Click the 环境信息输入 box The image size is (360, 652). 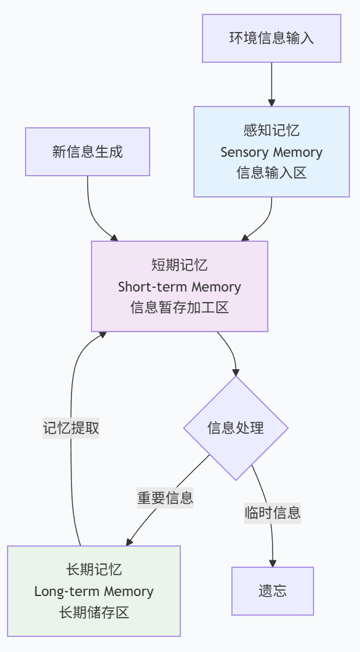click(271, 38)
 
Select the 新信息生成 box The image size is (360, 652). click(87, 152)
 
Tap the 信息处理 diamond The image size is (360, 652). click(236, 428)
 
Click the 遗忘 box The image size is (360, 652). click(273, 591)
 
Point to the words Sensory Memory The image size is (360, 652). click(271, 152)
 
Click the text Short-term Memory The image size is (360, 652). click(179, 287)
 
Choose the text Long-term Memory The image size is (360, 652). click(94, 591)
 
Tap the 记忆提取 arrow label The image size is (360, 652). click(71, 428)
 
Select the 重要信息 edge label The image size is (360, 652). click(165, 498)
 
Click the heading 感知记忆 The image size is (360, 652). click(271, 130)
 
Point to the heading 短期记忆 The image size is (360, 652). click(179, 265)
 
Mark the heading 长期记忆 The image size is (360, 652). click(94, 570)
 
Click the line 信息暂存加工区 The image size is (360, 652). click(179, 308)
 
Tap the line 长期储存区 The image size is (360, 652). click(94, 613)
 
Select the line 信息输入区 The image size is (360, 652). click(271, 173)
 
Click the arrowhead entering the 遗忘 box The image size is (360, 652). click(273, 563)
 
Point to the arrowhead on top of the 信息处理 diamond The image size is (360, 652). click(236, 372)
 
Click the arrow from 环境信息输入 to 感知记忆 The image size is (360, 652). click(272, 84)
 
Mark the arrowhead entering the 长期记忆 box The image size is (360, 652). click(129, 542)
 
